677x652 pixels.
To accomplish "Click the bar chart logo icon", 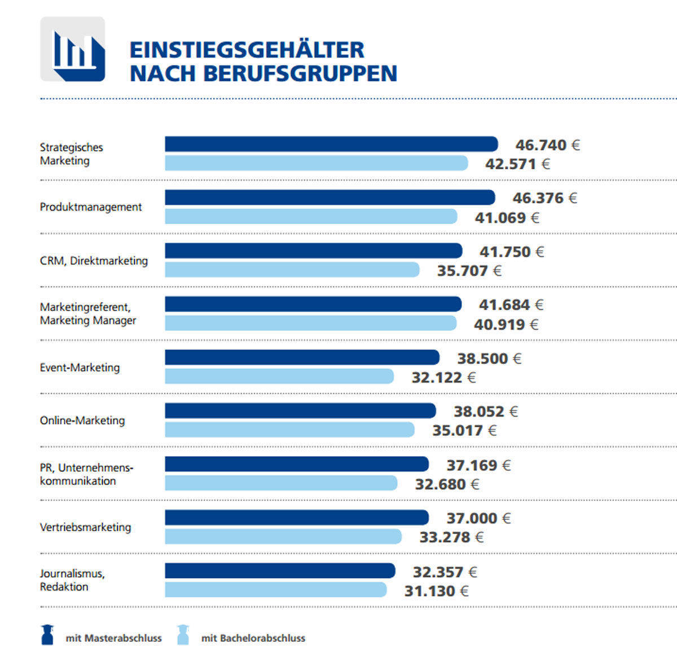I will pyautogui.click(x=73, y=50).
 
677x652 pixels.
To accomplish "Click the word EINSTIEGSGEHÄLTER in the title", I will pyautogui.click(x=247, y=50).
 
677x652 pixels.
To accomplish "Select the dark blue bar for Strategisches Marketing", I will pyautogui.click(x=331, y=145).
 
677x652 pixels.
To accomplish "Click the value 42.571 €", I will pyautogui.click(x=517, y=164).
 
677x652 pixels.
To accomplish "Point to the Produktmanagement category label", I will pyautogui.click(x=91, y=207).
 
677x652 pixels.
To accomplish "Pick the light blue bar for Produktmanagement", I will pyautogui.click(x=311, y=217).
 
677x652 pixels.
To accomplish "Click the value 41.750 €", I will pyautogui.click(x=512, y=252).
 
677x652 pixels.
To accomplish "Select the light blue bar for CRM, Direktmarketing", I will pyautogui.click(x=292, y=270).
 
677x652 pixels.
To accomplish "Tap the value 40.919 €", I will pyautogui.click(x=506, y=325).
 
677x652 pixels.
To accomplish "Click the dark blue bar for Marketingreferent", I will pyautogui.click(x=313, y=305).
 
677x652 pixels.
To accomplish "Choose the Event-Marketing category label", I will pyautogui.click(x=80, y=367).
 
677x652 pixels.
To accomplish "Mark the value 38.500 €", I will pyautogui.click(x=489, y=358).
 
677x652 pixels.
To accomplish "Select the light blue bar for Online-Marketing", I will pyautogui.click(x=289, y=430).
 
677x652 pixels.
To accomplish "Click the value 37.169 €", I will pyautogui.click(x=478, y=466).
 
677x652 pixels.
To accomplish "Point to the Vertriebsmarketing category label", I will pyautogui.click(x=85, y=527).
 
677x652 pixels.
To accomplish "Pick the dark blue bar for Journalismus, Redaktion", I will pyautogui.click(x=280, y=571).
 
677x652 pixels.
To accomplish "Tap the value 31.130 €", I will pyautogui.click(x=436, y=591).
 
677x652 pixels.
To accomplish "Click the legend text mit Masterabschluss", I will pyautogui.click(x=113, y=638).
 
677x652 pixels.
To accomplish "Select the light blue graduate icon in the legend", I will pyautogui.click(x=183, y=635).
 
